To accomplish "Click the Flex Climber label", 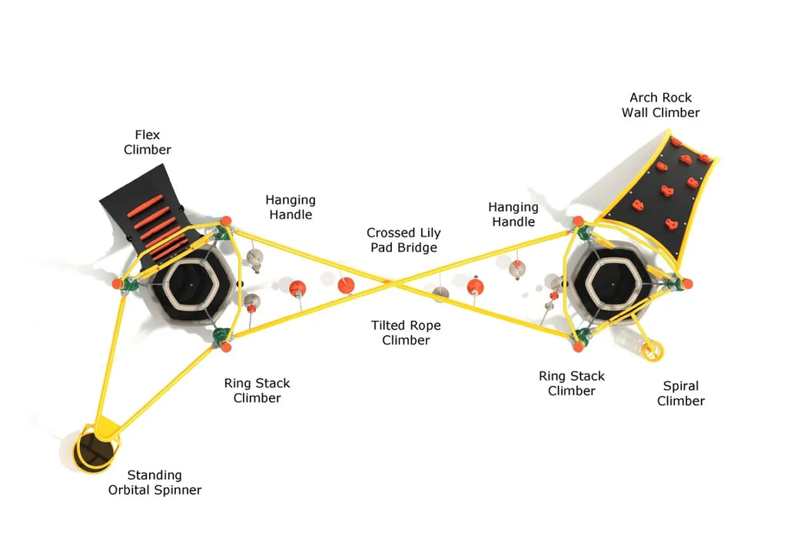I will (x=148, y=142).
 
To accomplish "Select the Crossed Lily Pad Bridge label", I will (x=403, y=240).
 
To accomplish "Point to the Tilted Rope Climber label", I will (x=406, y=333).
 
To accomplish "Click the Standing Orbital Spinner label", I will (x=154, y=482).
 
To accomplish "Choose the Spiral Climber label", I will (x=681, y=393).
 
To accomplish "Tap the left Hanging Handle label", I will (x=291, y=208).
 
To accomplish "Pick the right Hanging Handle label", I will (x=513, y=215).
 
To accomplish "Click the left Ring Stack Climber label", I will (x=257, y=391).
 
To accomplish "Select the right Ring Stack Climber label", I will (x=571, y=383).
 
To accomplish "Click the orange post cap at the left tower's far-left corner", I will (x=117, y=284).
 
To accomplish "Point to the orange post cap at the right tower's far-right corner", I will (x=686, y=284).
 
